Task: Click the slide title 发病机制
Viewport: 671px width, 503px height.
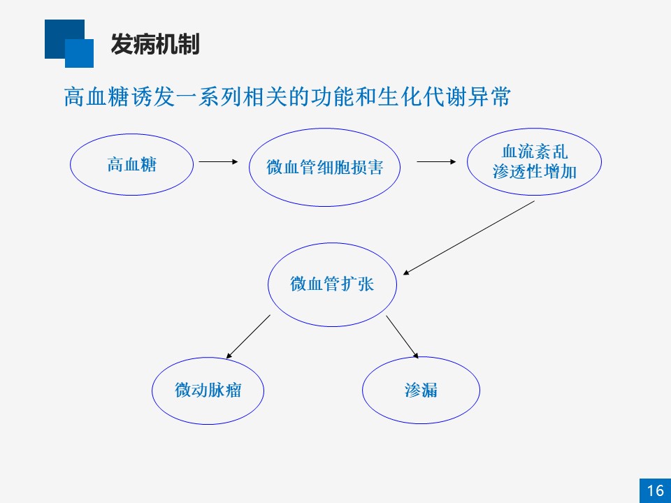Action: pos(155,44)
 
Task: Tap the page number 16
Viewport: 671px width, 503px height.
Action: pos(655,490)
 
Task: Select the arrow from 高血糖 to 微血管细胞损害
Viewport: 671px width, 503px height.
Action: pos(218,161)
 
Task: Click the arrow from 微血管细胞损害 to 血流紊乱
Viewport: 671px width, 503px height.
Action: pos(436,161)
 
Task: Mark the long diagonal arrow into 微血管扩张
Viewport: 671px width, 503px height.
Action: pos(468,238)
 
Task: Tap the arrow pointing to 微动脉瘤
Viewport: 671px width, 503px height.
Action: pos(248,337)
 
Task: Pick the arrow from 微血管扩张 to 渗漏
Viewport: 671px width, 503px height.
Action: pos(403,337)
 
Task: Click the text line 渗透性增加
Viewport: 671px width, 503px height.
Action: pos(535,172)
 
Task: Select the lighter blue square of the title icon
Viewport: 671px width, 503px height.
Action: pos(79,54)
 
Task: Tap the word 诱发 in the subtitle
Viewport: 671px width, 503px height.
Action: pos(152,96)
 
